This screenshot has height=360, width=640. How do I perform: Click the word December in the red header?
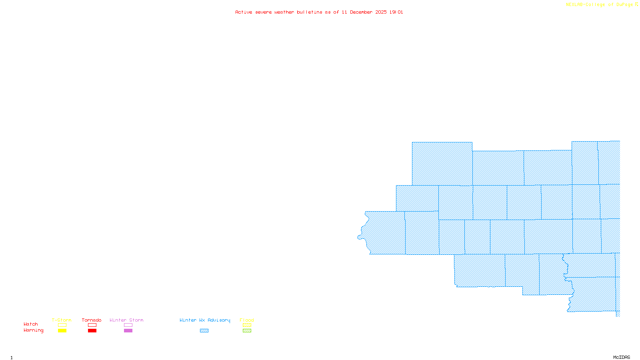click(361, 12)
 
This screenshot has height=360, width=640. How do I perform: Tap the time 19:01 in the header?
click(396, 12)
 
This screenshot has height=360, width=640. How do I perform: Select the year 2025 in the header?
click(381, 12)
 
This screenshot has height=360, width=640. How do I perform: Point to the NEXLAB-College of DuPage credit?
click(600, 5)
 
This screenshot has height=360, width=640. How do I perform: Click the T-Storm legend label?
click(62, 320)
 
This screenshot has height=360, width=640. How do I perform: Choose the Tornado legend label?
click(92, 320)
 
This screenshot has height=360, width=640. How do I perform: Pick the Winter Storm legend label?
click(126, 320)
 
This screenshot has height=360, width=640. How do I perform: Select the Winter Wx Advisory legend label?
click(205, 320)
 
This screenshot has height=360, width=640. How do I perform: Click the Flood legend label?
click(247, 320)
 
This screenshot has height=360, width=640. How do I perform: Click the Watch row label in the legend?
click(31, 324)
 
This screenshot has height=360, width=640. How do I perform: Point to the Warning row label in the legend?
click(34, 330)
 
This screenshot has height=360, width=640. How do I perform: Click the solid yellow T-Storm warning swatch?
click(62, 331)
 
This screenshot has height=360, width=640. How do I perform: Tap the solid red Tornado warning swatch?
click(92, 331)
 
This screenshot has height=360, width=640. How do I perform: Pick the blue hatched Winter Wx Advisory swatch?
click(204, 331)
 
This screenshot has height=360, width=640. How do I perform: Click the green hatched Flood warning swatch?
click(247, 331)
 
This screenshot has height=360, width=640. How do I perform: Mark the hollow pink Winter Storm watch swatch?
click(128, 325)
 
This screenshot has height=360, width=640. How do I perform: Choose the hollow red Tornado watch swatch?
click(92, 325)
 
